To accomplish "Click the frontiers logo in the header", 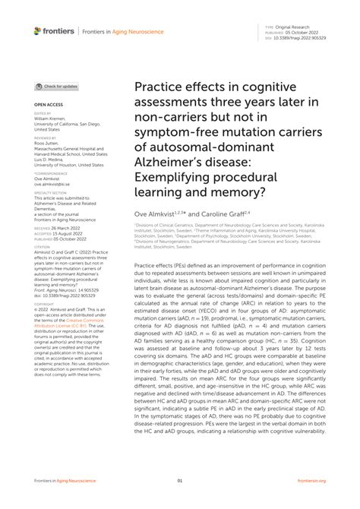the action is (x=54, y=31).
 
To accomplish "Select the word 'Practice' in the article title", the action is (x=159, y=89).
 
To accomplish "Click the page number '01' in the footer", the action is (x=180, y=481).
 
